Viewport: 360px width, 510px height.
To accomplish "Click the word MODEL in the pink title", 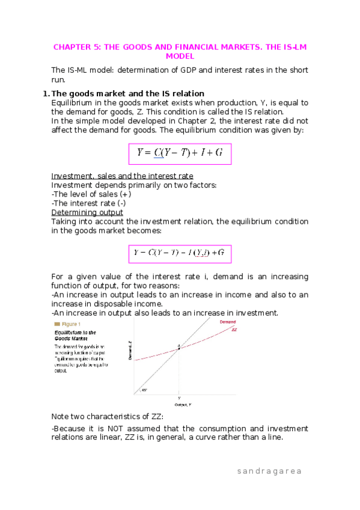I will pos(180,56).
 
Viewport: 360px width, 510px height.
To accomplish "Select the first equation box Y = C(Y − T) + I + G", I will pos(180,153).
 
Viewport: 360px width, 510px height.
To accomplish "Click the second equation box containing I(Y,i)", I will pos(180,254).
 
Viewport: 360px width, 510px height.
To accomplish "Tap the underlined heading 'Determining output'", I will pos(87,212).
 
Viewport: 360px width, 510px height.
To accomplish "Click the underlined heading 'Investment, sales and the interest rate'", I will pos(123,176).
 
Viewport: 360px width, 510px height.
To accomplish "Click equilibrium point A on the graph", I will pos(178,347).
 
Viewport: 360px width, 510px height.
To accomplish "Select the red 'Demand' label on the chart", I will pos(228,323).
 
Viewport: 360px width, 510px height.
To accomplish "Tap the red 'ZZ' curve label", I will pos(234,330).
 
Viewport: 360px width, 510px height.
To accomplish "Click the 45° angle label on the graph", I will pos(145,390).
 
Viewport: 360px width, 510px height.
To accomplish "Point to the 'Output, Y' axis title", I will pos(178,405).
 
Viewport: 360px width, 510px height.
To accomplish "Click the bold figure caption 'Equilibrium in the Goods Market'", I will pos(75,336).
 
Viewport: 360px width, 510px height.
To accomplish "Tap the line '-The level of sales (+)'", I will pos(91,194).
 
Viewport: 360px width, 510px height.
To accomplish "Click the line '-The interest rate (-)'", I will pos(89,203).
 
